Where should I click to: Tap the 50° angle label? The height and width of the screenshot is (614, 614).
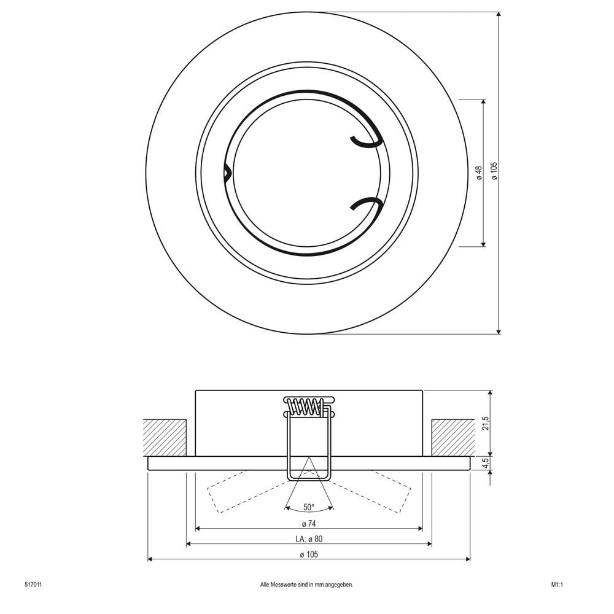pyautogui.click(x=309, y=507)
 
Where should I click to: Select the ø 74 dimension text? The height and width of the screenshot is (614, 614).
pyautogui.click(x=309, y=524)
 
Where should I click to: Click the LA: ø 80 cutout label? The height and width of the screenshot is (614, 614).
pyautogui.click(x=308, y=539)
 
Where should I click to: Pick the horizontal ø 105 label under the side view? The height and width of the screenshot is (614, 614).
pyautogui.click(x=309, y=554)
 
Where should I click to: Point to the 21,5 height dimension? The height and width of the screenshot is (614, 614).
pyautogui.click(x=486, y=424)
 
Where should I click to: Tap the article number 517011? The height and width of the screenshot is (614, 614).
pyautogui.click(x=33, y=585)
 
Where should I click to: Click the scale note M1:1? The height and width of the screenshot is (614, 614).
pyautogui.click(x=557, y=585)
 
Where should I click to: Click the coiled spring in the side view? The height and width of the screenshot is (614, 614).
pyautogui.click(x=305, y=406)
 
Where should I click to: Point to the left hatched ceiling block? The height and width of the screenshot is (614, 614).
pyautogui.click(x=165, y=438)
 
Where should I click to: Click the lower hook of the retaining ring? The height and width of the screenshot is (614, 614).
pyautogui.click(x=367, y=204)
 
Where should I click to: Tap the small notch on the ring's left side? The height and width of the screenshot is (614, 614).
pyautogui.click(x=227, y=173)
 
